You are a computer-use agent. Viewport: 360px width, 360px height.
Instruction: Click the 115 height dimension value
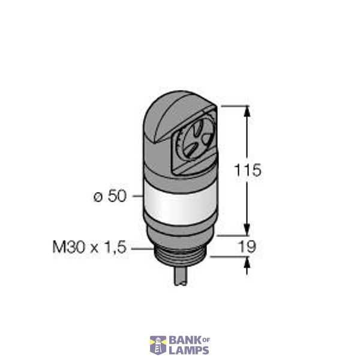248,170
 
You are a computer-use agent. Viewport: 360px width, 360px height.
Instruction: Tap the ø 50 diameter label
110,196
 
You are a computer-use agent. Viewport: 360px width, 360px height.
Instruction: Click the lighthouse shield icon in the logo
158,345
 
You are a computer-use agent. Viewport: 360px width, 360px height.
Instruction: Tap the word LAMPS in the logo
188,350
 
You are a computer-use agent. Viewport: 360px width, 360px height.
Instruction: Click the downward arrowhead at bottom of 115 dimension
247,230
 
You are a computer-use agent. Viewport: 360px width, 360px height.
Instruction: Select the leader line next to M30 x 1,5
140,247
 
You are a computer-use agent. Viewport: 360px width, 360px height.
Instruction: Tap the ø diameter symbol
98,197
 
